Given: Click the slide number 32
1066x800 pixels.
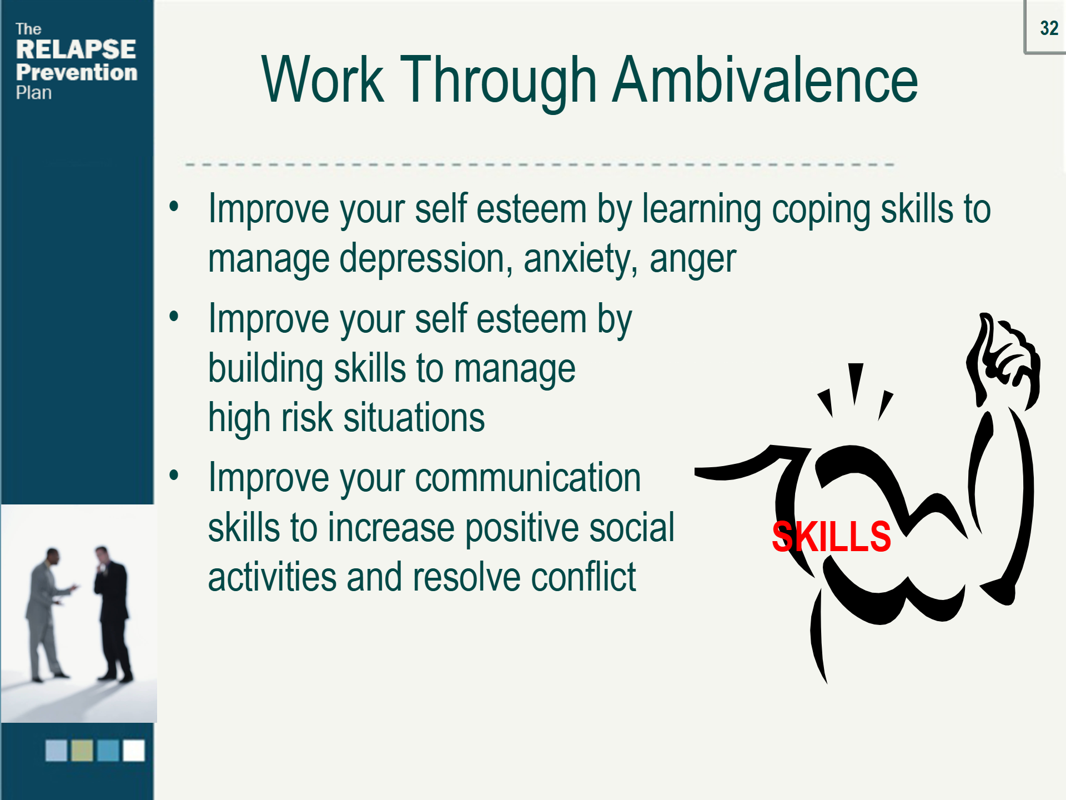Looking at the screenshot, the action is point(1049,28).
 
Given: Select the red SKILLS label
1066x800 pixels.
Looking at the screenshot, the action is point(831,537).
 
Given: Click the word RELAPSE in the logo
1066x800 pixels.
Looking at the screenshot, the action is point(76,49).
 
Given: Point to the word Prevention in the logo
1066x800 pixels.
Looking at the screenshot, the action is point(77,72).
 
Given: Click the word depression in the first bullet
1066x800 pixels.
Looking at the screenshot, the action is point(426,259).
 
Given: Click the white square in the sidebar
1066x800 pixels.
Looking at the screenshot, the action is point(134,751).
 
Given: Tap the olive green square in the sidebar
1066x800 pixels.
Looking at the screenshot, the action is point(82,751).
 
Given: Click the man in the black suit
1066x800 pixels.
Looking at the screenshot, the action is point(113,614).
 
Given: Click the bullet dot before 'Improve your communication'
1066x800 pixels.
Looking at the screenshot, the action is point(174,475).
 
